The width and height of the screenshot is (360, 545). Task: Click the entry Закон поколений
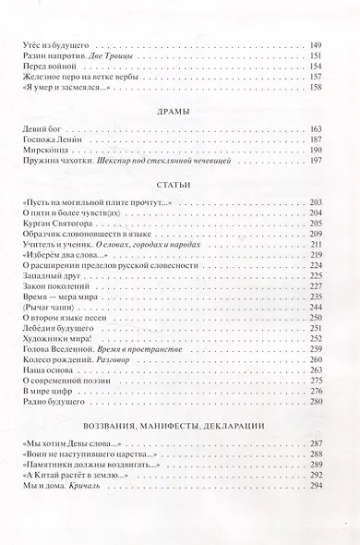point(50,314)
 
